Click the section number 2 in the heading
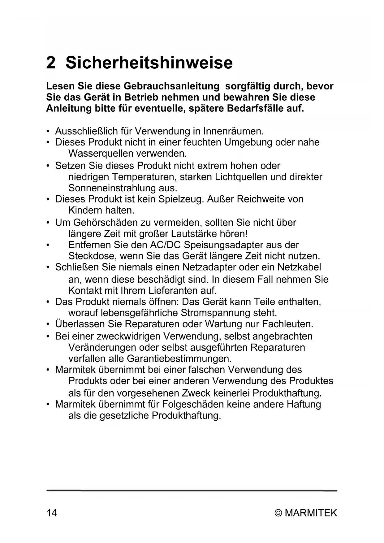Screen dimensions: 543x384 click(51, 63)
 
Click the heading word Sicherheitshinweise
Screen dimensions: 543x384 click(149, 63)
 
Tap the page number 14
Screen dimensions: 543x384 click(52, 513)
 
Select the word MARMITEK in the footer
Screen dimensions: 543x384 click(311, 513)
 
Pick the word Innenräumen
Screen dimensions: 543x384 click(233, 131)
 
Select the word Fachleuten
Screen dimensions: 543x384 click(288, 324)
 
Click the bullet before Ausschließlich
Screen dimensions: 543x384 click(48, 132)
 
